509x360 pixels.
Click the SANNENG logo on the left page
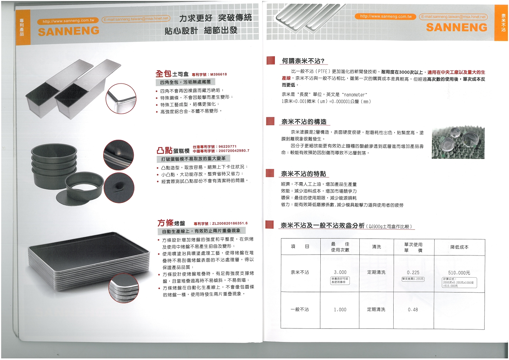[x=69, y=32]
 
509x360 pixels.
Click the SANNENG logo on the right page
[x=456, y=27]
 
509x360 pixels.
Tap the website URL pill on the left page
[x=68, y=21]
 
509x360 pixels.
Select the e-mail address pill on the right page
[x=453, y=17]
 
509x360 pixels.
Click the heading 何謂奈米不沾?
[x=303, y=61]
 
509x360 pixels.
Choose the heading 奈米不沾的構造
[x=304, y=122]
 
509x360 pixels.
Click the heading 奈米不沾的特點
[x=303, y=174]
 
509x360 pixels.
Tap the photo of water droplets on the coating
[x=458, y=143]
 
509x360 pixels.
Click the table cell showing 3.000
[x=340, y=272]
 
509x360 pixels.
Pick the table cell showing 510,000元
[x=459, y=273]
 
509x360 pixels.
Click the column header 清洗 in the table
[x=376, y=247]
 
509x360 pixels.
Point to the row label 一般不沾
[x=300, y=310]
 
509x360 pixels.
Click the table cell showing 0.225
[x=413, y=272]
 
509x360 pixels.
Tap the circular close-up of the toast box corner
[x=121, y=99]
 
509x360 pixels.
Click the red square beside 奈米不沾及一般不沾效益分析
[x=269, y=225]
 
